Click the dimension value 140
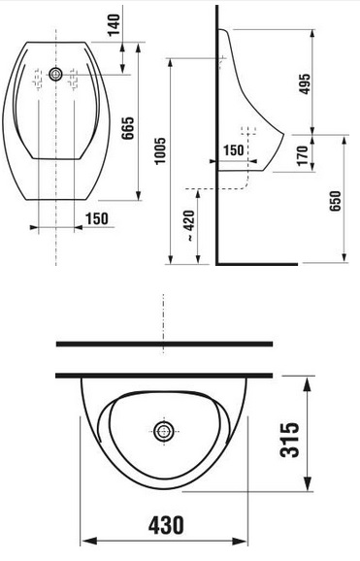tap(115, 25)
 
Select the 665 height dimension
tap(127, 128)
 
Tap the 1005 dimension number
tap(159, 150)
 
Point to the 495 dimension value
tap(304, 83)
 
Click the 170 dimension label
tap(303, 155)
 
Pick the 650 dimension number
tap(335, 201)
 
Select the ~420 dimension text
tap(189, 225)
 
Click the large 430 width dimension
tap(166, 525)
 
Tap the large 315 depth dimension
tap(289, 440)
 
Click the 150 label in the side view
tap(233, 150)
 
